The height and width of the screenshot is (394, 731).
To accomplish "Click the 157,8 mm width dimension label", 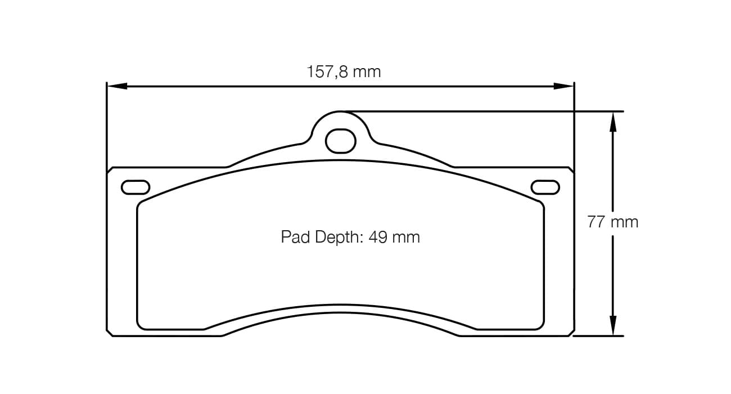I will [x=344, y=72].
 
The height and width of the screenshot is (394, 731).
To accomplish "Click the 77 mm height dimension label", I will [x=613, y=222].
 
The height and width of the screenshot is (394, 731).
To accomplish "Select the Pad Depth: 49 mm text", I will [x=350, y=237].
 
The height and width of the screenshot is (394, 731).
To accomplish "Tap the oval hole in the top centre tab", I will [x=341, y=141].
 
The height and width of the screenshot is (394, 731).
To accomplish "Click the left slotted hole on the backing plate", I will [x=136, y=187].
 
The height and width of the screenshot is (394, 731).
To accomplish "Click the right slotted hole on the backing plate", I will [x=545, y=187].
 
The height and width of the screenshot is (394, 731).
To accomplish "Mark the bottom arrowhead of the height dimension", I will [x=613, y=326].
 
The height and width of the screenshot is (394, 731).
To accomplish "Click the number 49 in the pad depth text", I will [x=377, y=237].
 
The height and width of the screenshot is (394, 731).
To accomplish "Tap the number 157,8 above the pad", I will [x=327, y=72].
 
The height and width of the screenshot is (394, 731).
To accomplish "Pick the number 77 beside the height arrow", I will [x=596, y=222].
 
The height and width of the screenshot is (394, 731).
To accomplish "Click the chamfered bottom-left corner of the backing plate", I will [x=110, y=333].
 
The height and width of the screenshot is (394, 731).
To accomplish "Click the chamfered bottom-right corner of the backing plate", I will [x=571, y=333].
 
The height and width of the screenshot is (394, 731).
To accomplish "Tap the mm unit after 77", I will [x=625, y=222].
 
